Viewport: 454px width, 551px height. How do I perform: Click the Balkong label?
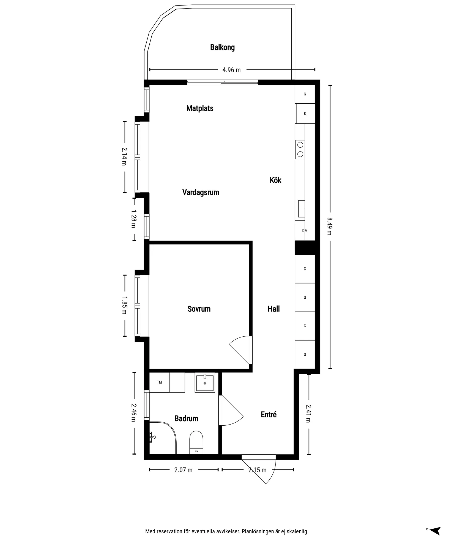(222, 47)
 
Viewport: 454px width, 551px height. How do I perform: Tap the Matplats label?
(200, 108)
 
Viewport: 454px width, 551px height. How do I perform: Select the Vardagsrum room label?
(201, 192)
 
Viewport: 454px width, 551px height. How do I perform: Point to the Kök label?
(275, 180)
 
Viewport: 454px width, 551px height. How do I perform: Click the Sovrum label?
(199, 309)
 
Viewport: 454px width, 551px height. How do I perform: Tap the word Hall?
(274, 309)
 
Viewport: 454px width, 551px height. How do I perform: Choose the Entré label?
(269, 414)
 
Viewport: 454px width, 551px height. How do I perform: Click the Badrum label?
(186, 418)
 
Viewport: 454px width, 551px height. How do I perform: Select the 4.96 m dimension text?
(231, 70)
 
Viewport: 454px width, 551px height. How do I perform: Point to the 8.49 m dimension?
(330, 226)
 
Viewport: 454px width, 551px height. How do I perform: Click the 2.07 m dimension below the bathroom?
(183, 470)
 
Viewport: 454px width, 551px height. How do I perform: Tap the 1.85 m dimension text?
(124, 305)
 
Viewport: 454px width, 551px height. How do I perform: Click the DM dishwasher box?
(305, 231)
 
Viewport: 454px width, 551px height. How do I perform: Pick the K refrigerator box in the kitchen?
(305, 114)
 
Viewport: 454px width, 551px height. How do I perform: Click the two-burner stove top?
(300, 149)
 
